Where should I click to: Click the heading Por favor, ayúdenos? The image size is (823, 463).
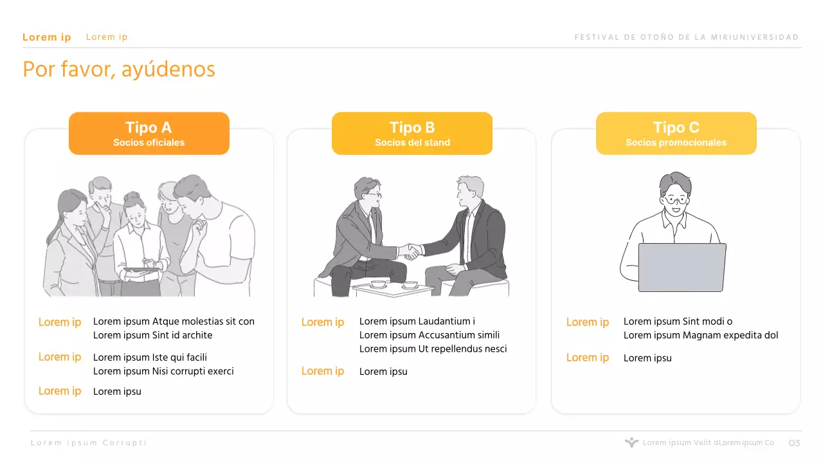pyautogui.click(x=119, y=69)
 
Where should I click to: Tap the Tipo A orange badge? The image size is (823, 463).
pyautogui.click(x=149, y=133)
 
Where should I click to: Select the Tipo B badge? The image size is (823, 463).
pyautogui.click(x=412, y=133)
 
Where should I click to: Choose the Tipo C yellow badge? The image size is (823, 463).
pyautogui.click(x=676, y=133)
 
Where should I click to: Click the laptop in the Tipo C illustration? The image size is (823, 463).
pyautogui.click(x=682, y=267)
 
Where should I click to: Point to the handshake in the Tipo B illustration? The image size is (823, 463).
pyautogui.click(x=411, y=251)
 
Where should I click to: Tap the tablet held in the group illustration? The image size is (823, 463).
pyautogui.click(x=141, y=270)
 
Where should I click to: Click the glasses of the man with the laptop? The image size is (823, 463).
pyautogui.click(x=675, y=201)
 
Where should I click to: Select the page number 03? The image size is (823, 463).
pyautogui.click(x=794, y=443)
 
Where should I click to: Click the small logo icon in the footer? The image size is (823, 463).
pyautogui.click(x=631, y=442)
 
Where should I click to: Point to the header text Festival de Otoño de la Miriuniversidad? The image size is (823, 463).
pyautogui.click(x=687, y=37)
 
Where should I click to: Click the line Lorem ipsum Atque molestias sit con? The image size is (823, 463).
pyautogui.click(x=174, y=322)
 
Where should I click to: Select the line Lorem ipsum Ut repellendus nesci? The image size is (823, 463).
pyautogui.click(x=433, y=349)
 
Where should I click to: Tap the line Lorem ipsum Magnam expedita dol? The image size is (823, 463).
pyautogui.click(x=701, y=335)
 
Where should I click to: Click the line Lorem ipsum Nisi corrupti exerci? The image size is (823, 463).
pyautogui.click(x=163, y=371)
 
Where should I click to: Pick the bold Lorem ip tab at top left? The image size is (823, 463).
pyautogui.click(x=47, y=37)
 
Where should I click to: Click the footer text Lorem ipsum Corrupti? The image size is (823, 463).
pyautogui.click(x=89, y=443)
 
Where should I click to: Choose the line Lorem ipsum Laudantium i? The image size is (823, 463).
pyautogui.click(x=417, y=321)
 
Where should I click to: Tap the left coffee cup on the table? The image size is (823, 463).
pyautogui.click(x=378, y=284)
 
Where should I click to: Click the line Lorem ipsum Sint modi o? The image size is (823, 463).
pyautogui.click(x=678, y=322)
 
